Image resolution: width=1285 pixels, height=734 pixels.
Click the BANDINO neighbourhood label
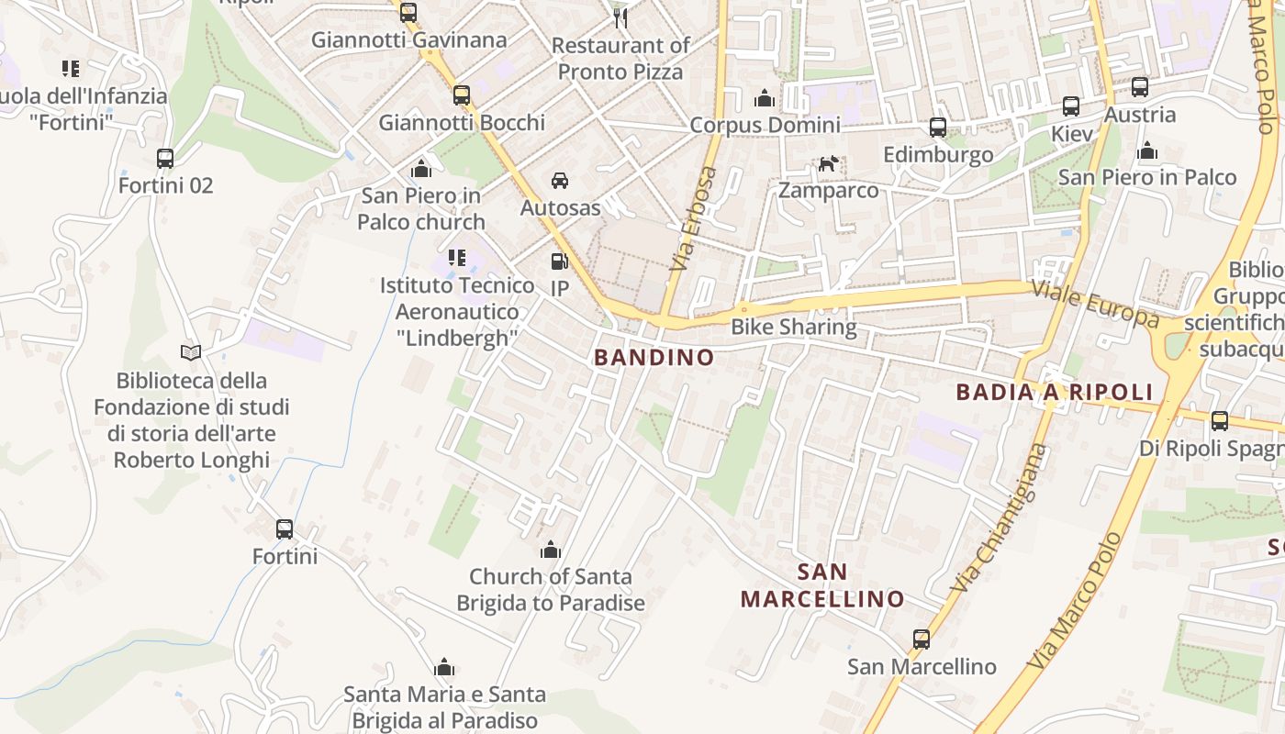(x=654, y=358)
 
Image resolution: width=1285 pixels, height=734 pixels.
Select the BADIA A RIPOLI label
(x=1054, y=393)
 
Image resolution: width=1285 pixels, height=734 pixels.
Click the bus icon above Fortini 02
(x=165, y=159)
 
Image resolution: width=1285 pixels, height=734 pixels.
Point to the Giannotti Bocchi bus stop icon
(x=462, y=95)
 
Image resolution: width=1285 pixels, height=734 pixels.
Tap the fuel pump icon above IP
(x=559, y=261)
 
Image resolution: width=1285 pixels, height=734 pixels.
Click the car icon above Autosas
(x=560, y=181)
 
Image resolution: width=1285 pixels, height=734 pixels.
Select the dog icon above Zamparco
(x=828, y=164)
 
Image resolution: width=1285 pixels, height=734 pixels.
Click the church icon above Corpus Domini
(x=765, y=98)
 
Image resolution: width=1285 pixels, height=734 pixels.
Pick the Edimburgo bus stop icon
(x=938, y=128)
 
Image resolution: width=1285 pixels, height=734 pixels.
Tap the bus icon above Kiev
(x=1071, y=106)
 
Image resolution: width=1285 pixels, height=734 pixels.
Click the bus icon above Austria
(x=1140, y=87)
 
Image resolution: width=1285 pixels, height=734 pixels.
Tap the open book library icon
(x=191, y=352)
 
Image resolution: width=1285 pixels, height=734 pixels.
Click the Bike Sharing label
(x=793, y=327)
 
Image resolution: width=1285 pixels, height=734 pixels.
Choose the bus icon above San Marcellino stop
(x=922, y=639)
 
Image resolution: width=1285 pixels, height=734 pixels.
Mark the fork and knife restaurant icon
(x=620, y=17)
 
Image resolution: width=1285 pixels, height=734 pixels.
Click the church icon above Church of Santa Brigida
(x=551, y=550)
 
